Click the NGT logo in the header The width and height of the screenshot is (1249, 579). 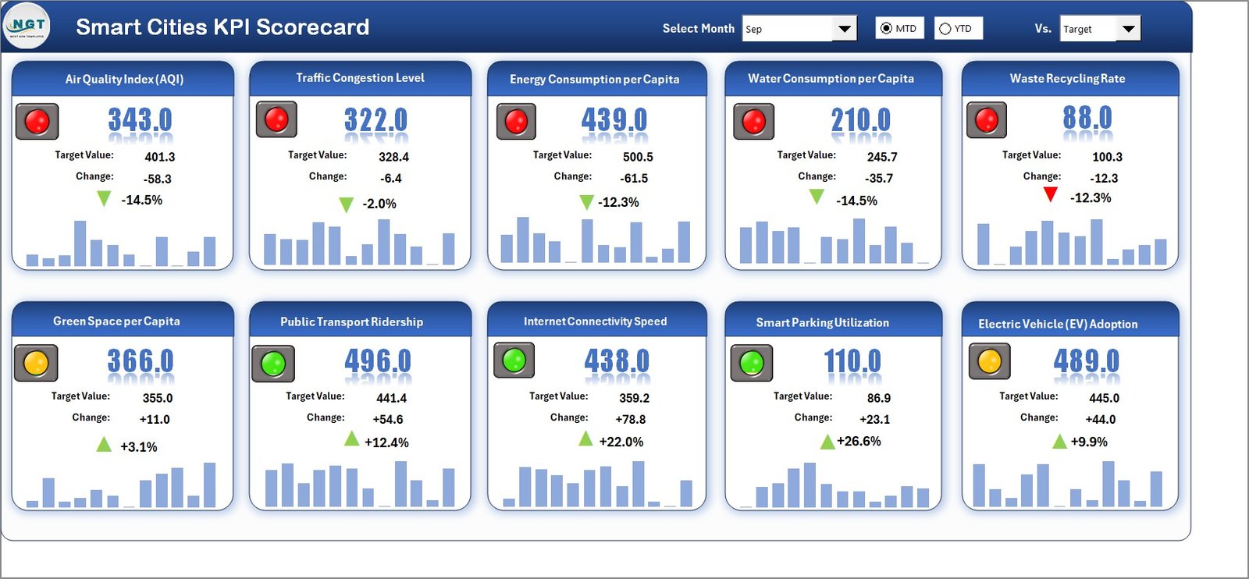point(27,26)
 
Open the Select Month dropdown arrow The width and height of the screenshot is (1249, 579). point(844,29)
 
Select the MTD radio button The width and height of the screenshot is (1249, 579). point(886,28)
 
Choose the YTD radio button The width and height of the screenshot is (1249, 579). point(945,29)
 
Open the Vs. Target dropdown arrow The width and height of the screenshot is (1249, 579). point(1128,29)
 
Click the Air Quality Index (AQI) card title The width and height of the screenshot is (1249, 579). point(124,79)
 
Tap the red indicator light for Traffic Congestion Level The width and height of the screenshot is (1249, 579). point(276,119)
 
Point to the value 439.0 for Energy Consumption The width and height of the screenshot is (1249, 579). point(614,120)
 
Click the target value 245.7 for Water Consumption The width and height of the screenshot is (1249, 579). point(881,157)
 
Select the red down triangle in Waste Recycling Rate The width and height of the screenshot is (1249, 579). point(1050,194)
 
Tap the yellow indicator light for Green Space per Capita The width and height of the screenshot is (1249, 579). point(36,363)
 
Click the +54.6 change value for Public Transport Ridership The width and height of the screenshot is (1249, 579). point(387,419)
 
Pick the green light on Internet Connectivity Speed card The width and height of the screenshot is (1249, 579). point(514,360)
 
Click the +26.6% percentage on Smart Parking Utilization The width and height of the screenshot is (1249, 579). point(859,441)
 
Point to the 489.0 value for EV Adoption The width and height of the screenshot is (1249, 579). point(1086,361)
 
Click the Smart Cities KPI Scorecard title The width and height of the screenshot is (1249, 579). point(222,27)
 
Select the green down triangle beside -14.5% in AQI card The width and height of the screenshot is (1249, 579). point(103,198)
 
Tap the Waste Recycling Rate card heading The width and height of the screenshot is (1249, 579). point(1067,78)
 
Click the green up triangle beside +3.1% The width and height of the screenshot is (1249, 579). point(103,445)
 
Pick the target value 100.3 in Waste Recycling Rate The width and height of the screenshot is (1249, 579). point(1106,157)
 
